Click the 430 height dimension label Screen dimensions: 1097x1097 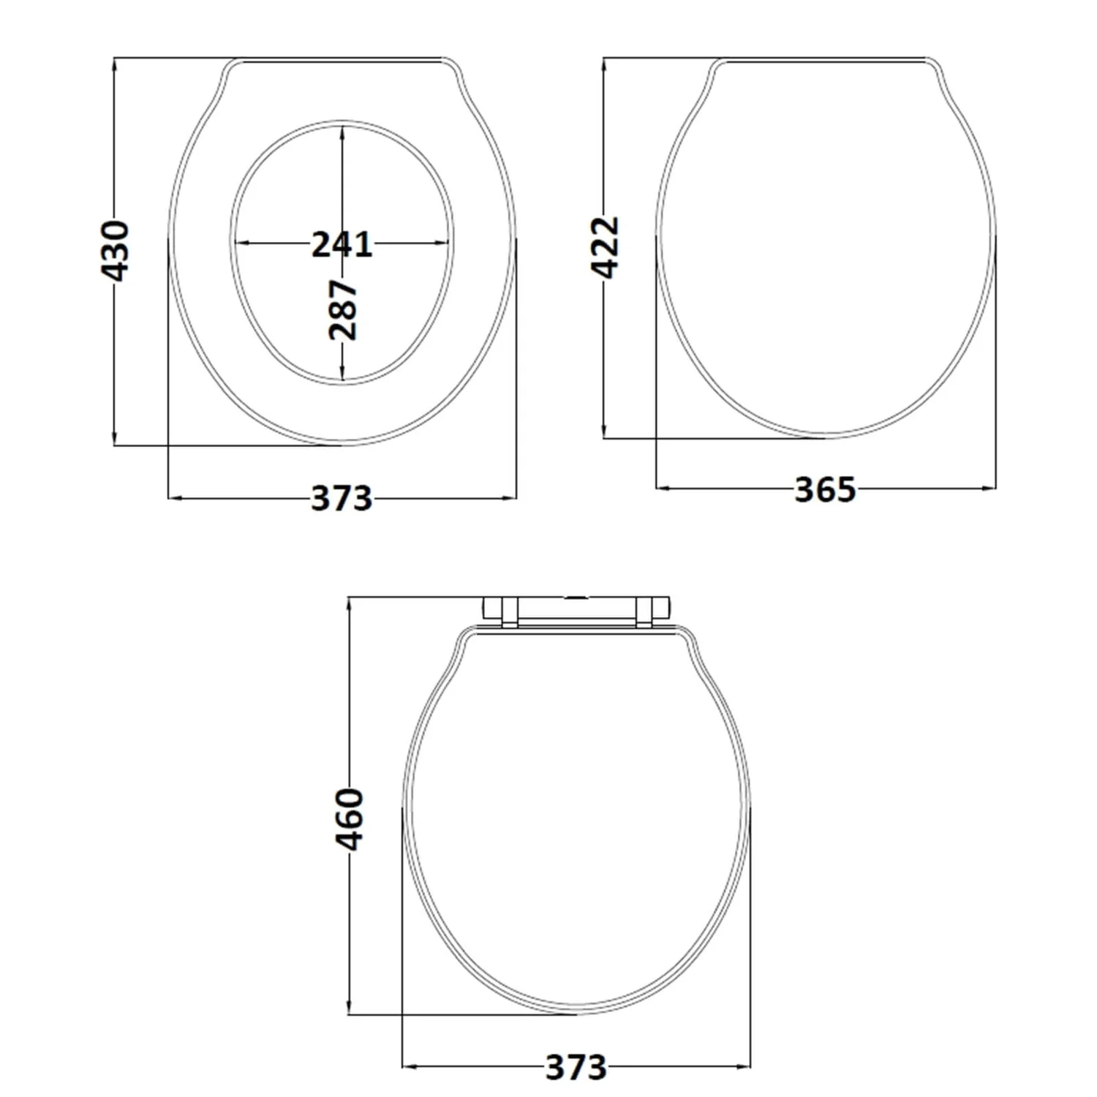[115, 250]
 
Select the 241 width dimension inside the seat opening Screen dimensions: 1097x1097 [342, 244]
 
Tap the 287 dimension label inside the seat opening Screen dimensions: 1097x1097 [342, 309]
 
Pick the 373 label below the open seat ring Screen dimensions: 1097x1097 [342, 499]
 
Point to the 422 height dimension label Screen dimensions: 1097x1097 [605, 247]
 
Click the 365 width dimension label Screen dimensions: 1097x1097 [825, 489]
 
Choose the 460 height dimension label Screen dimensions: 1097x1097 [350, 819]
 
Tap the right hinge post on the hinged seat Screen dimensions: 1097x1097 [644, 611]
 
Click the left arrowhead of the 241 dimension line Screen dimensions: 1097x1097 [238, 243]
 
